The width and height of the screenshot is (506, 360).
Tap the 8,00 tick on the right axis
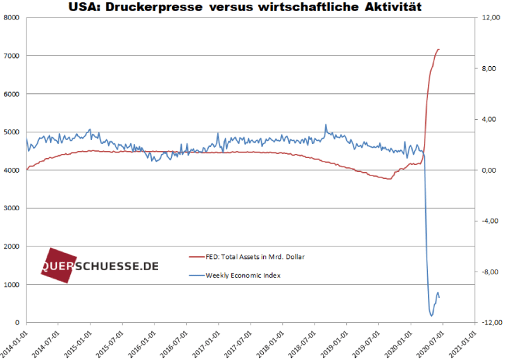488,68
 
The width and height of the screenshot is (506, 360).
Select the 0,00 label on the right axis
488,171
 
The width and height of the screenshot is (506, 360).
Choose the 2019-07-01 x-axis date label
368,341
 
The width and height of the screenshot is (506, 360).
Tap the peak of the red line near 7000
438,49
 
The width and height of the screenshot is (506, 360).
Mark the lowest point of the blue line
432,316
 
